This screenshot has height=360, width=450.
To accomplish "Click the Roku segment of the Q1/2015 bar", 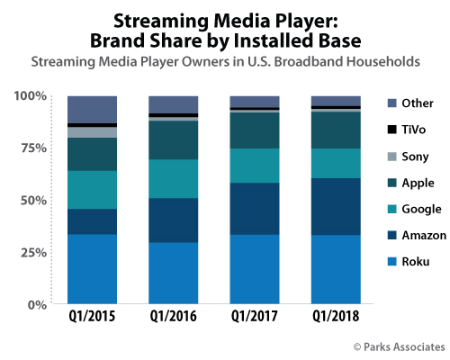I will click(92, 269).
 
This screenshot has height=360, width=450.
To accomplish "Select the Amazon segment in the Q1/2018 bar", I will click(335, 206).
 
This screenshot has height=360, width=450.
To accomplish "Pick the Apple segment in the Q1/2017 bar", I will click(254, 130).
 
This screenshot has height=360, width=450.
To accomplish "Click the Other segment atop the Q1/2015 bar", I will click(92, 109).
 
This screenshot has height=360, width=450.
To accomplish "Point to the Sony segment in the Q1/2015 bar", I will click(92, 132).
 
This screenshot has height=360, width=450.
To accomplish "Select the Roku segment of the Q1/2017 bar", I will click(254, 269).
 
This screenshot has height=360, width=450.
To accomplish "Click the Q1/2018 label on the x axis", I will click(335, 318).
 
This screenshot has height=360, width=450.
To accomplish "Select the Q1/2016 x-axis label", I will click(173, 318).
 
